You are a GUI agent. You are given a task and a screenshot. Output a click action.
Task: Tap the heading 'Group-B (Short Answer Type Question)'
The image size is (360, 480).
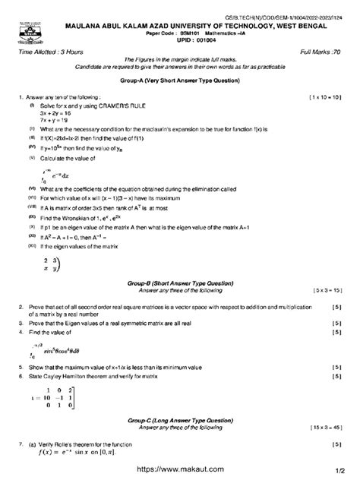(x=180, y=282)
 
